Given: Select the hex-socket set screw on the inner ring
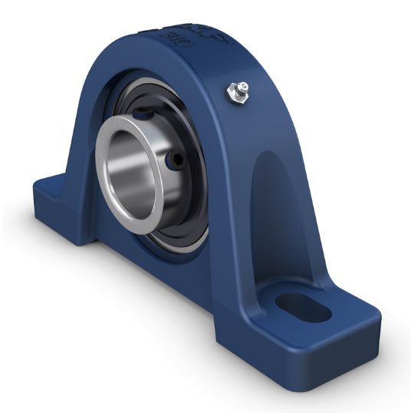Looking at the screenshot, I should tap(176, 160).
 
